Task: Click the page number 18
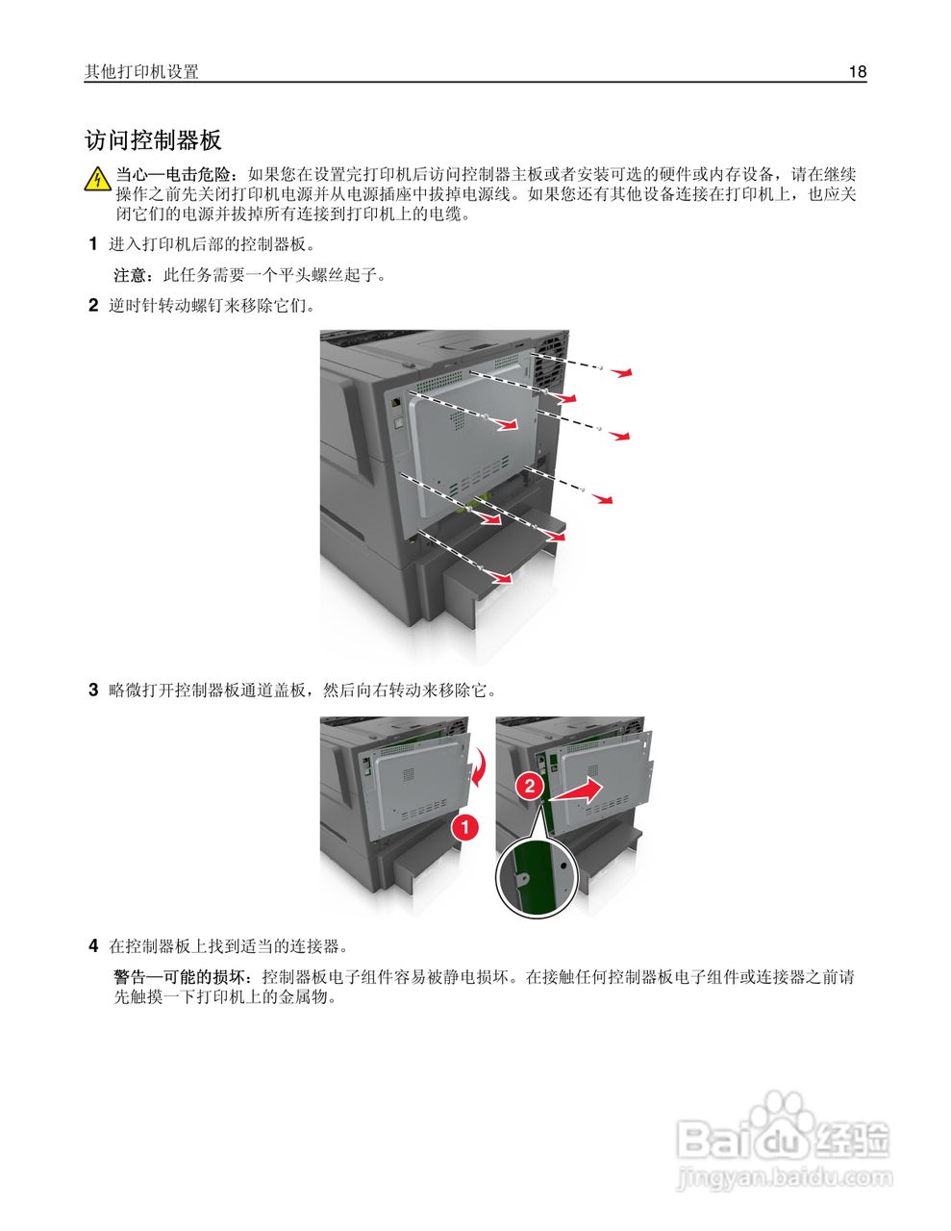coord(857,72)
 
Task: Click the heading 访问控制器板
coord(153,140)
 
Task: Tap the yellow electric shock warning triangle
coord(97,180)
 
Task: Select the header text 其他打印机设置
coord(141,72)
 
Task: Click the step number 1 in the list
coord(93,244)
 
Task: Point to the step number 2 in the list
coord(93,306)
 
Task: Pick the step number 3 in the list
coord(93,690)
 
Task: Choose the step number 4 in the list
coord(93,945)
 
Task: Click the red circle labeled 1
coord(463,826)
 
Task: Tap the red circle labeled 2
coord(528,784)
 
